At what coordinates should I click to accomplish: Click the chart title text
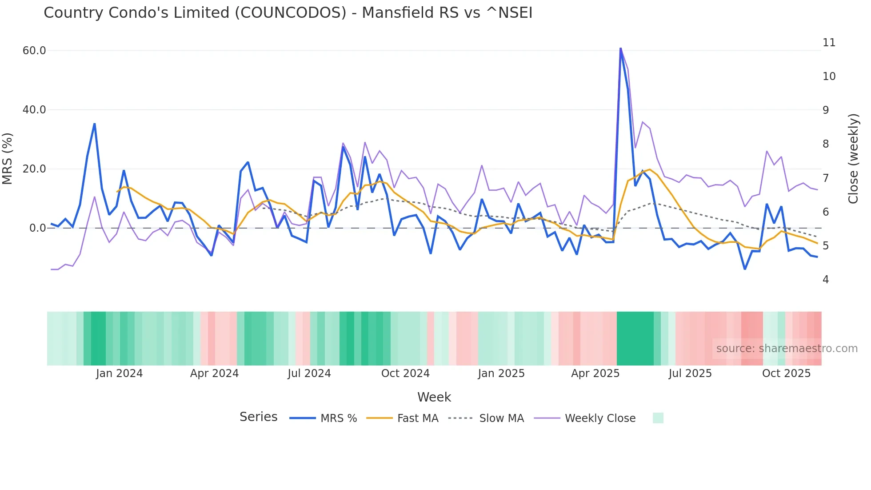tap(288, 13)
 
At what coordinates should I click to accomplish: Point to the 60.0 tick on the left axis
tap(34, 51)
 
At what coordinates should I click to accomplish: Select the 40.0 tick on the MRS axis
tap(34, 110)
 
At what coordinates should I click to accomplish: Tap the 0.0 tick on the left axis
tap(37, 228)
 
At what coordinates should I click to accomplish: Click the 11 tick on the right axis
tap(829, 43)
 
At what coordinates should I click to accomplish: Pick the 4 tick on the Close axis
tap(826, 280)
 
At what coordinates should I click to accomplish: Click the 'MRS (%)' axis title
tap(8, 158)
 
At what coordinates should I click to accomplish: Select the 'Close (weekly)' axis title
tap(853, 159)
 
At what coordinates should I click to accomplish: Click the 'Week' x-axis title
tap(434, 397)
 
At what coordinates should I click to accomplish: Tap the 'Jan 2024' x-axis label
tap(119, 374)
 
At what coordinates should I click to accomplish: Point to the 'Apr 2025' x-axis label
tap(595, 374)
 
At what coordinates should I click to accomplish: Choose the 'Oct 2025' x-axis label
tap(786, 374)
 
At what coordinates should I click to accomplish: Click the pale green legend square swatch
tap(658, 418)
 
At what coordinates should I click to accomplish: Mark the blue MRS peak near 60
tap(620, 48)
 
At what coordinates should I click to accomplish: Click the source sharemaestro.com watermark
tap(787, 349)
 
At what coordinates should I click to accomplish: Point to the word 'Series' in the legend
tap(258, 417)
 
